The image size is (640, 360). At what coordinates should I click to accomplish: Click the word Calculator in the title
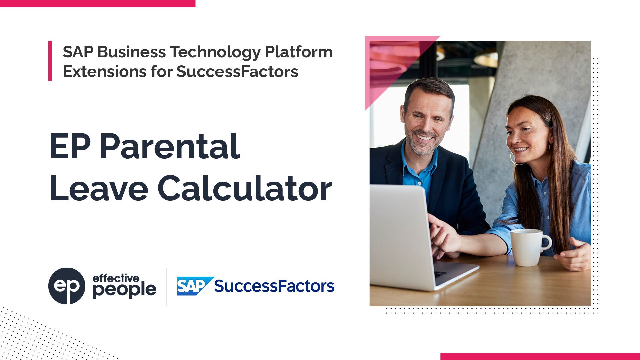point(245,189)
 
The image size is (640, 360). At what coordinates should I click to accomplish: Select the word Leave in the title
point(99,189)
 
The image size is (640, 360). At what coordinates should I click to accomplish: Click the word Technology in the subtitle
point(215,52)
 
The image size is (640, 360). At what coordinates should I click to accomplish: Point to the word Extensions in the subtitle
point(104,71)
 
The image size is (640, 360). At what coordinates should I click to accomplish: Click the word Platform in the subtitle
point(299,52)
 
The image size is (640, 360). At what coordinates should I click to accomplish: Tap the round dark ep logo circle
point(67,286)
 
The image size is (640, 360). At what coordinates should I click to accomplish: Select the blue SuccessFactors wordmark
point(274,286)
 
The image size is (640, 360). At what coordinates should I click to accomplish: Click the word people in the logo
point(124,290)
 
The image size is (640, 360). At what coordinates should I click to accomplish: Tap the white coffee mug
point(526,247)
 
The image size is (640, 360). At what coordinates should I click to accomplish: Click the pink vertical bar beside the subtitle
point(50,61)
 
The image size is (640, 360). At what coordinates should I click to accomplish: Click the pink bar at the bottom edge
point(540,357)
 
